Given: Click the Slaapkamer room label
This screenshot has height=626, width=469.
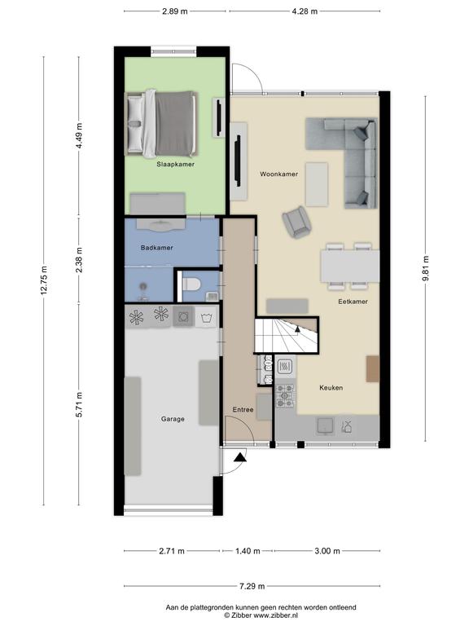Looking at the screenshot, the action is coord(176,164).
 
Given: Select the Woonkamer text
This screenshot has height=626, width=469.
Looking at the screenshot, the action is coord(279,174).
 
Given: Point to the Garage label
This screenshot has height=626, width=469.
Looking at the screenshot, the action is coord(173,419).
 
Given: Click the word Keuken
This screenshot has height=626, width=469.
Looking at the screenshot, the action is coord(331,388).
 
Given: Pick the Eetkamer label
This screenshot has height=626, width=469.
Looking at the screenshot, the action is coord(353,302).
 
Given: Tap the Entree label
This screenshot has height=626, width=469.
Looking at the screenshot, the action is coord(243,410).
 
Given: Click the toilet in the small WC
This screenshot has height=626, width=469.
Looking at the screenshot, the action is coord(191,285).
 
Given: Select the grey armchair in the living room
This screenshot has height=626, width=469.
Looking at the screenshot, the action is coord(296,222).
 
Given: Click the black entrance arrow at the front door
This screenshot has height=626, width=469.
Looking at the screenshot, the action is coord(240,457).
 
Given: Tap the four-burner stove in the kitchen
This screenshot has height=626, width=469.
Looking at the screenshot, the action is coord(285,395).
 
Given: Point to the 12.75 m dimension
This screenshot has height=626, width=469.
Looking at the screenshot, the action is coord(43,280).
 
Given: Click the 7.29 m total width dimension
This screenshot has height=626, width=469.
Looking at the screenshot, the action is coord(252,586).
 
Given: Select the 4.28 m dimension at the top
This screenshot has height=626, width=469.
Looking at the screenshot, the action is coord(305,11).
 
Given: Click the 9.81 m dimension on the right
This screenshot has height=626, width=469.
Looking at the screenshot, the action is coord(426,268).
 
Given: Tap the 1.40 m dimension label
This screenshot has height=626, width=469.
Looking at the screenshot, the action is coord(248,551).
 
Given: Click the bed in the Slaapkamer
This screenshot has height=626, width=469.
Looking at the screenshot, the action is coord(161,123).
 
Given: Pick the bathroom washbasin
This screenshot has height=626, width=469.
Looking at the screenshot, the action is coord(161,224).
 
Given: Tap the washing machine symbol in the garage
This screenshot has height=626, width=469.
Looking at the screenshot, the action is coord(207,318).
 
